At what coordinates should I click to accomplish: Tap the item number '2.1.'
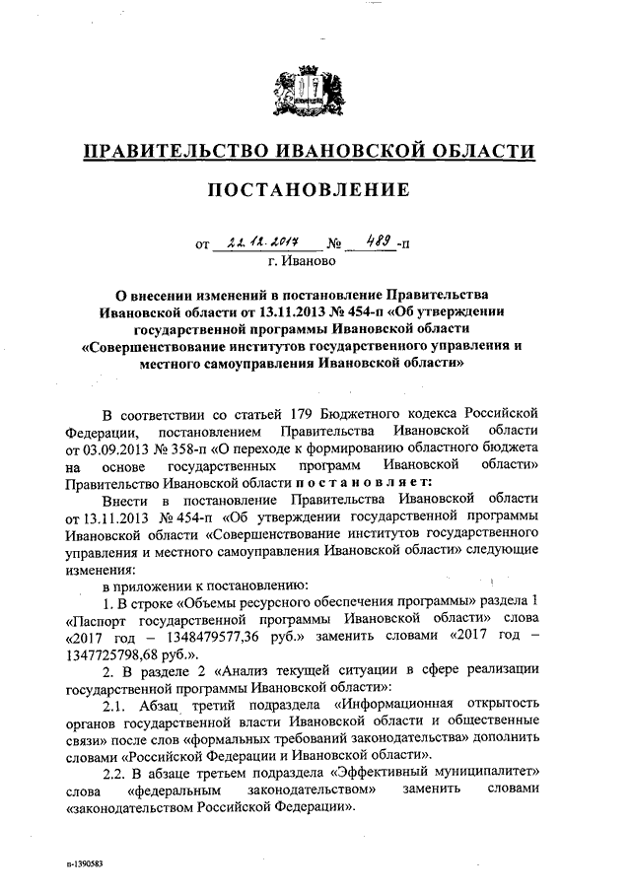[x=122, y=705]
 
